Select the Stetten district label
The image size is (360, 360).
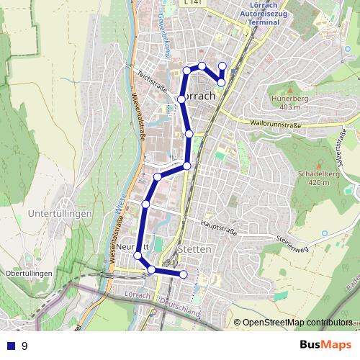tap(194, 249)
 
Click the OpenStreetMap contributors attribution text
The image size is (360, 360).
tap(297, 323)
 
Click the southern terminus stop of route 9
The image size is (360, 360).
tap(184, 274)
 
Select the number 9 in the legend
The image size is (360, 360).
tap(24, 346)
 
